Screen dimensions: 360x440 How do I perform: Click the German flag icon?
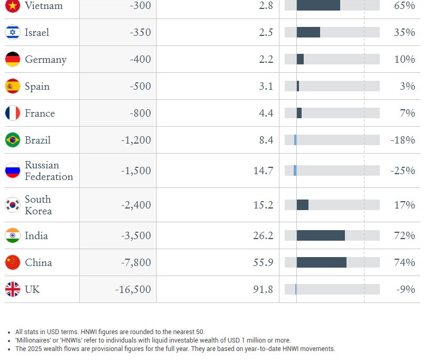[13, 59]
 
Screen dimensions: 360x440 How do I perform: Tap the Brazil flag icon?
[13, 140]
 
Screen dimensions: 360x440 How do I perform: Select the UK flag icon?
[13, 289]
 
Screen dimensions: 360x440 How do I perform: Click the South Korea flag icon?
[13, 205]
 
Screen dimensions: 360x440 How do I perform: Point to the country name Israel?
[37, 32]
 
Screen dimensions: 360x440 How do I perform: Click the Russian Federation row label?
[49, 170]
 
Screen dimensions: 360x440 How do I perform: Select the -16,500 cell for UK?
[133, 289]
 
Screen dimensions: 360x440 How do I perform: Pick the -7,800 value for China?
[136, 262]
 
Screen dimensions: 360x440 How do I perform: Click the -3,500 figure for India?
[136, 235]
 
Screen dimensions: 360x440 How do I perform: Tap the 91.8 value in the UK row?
[263, 289]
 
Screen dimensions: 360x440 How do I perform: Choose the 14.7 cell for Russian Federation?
[263, 170]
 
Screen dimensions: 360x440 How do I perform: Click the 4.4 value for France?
[266, 113]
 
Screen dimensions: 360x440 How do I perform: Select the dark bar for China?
[321, 262]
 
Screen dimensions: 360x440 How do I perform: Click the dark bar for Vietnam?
[318, 5]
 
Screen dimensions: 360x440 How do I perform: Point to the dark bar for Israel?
[308, 32]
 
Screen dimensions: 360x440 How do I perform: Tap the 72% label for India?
[405, 235]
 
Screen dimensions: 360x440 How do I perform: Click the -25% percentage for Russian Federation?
[402, 170]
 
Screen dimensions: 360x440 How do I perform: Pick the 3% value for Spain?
[407, 86]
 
